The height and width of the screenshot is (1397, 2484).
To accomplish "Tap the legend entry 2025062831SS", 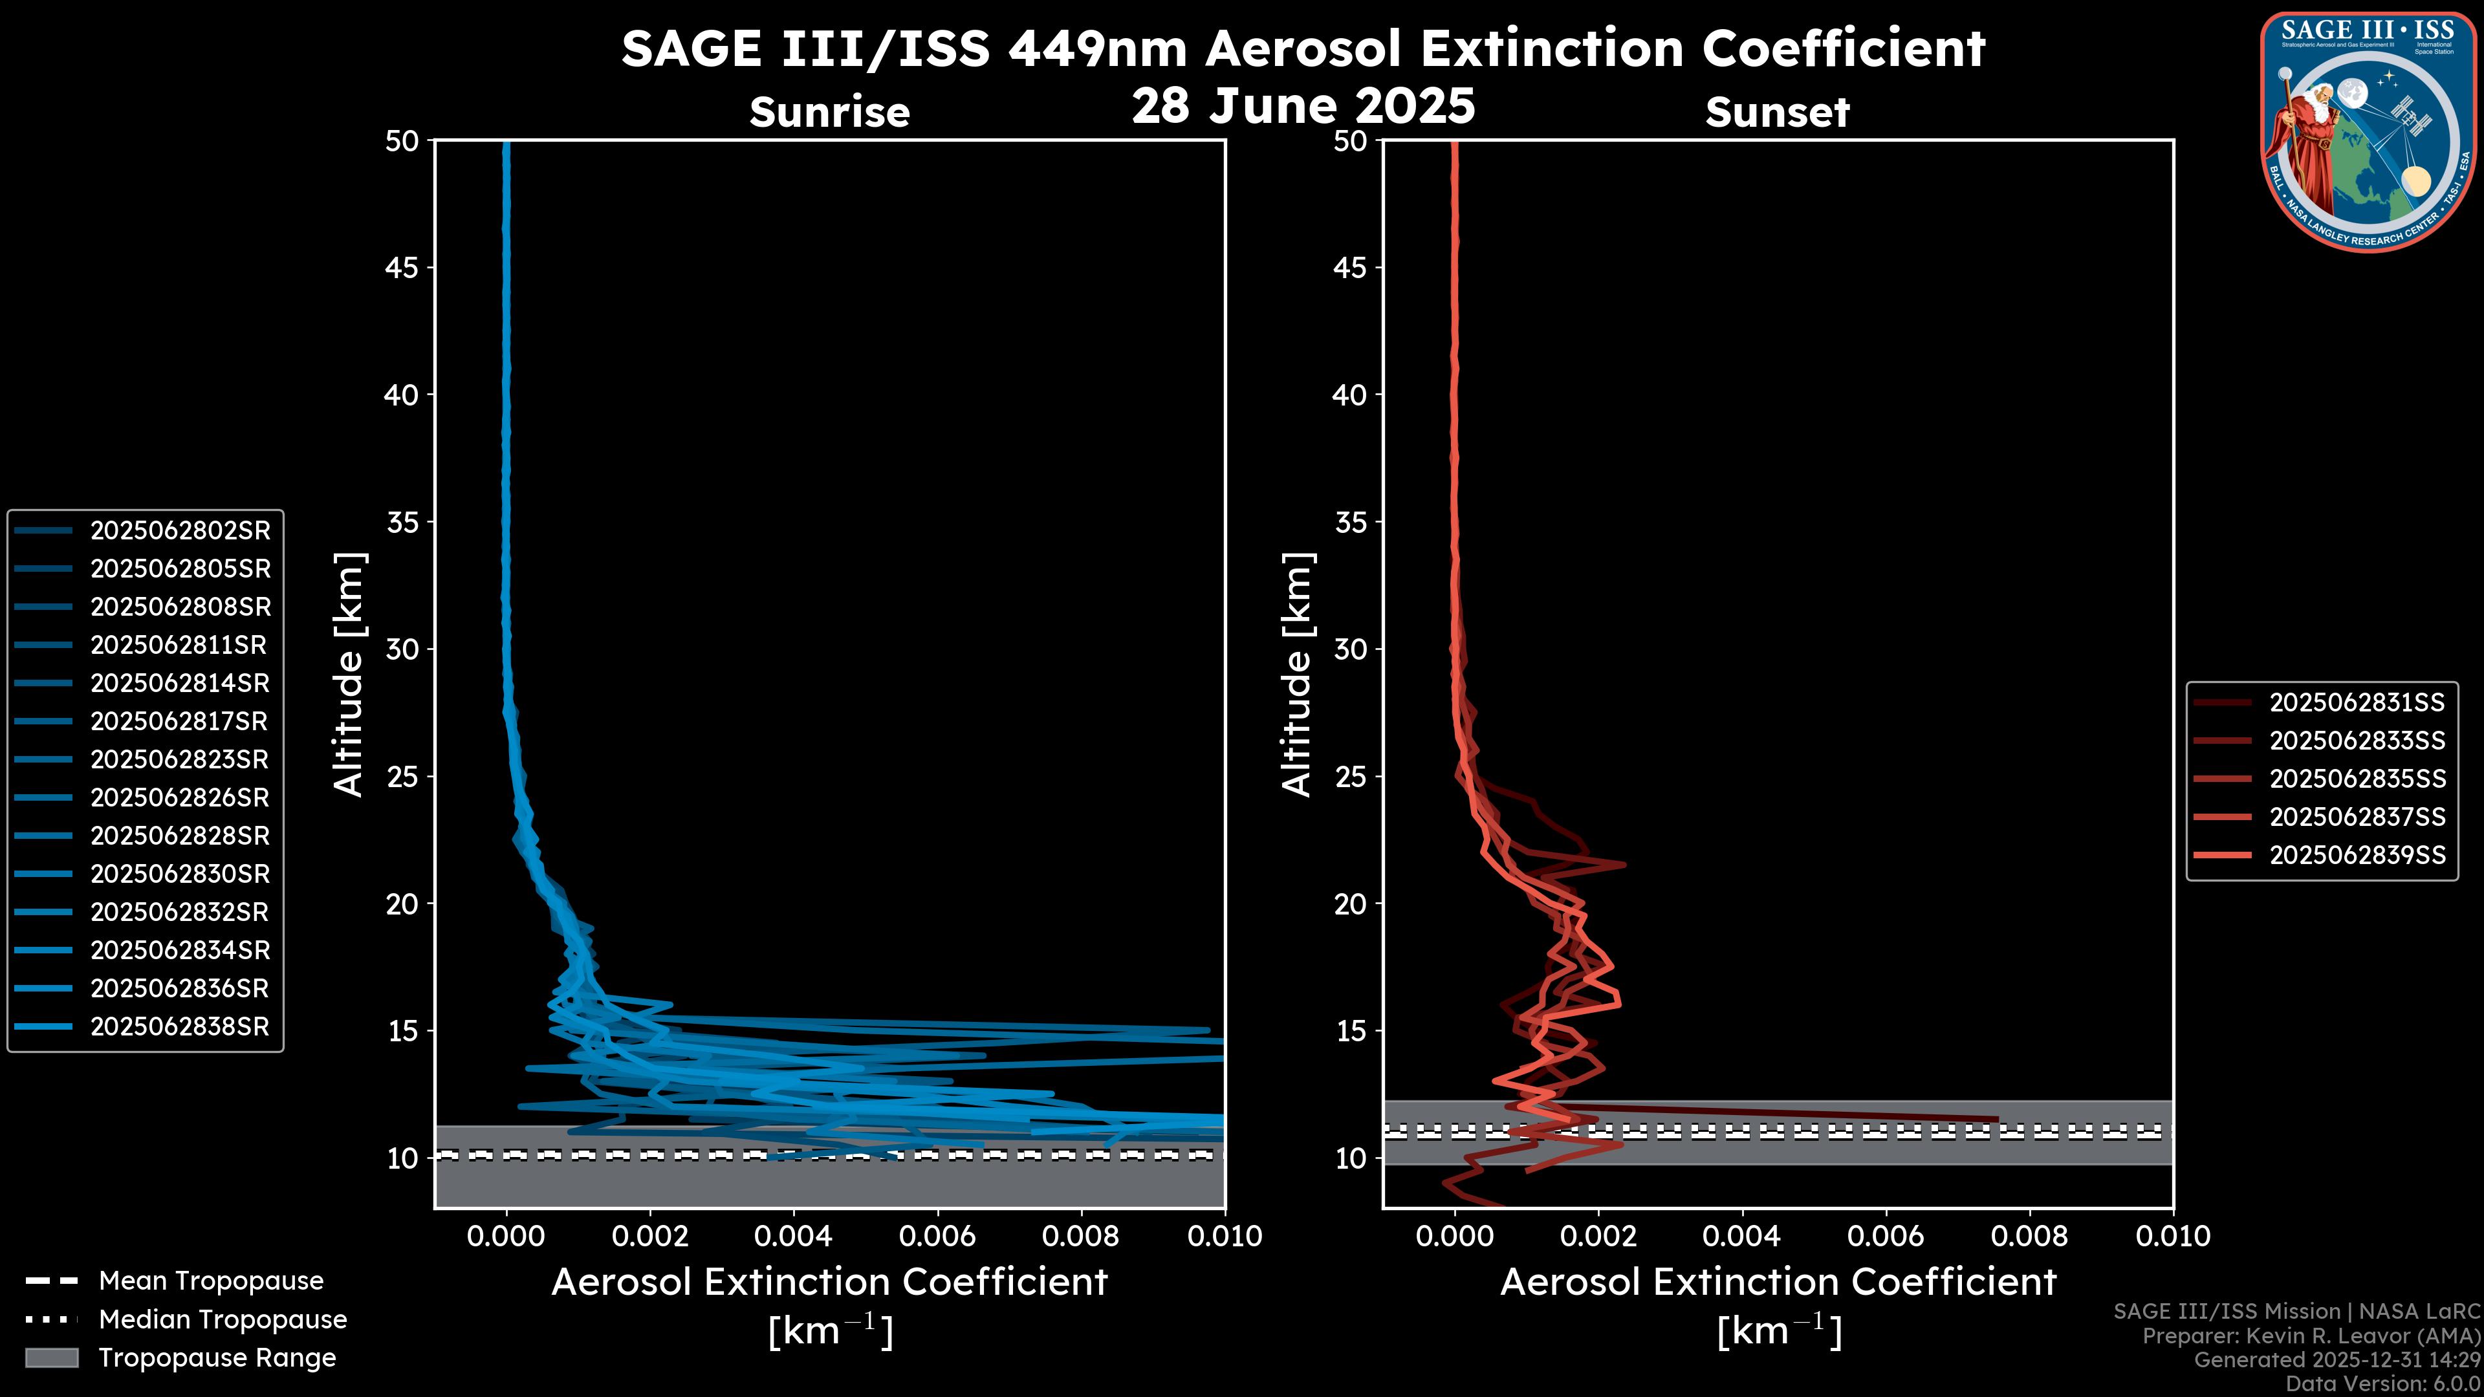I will (x=2357, y=703).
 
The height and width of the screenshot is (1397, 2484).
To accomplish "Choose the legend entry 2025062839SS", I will (x=2357, y=855).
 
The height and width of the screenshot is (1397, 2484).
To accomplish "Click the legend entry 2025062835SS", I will (x=2357, y=779).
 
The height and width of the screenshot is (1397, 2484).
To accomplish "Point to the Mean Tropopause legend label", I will (x=211, y=1281).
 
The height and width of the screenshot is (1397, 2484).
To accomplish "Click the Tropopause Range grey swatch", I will (x=52, y=1358).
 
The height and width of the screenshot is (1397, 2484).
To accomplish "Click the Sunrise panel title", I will (x=829, y=113).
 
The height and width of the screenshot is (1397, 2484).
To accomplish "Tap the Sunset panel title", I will (x=1777, y=113).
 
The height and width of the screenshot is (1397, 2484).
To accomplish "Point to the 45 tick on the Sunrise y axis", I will (x=403, y=267).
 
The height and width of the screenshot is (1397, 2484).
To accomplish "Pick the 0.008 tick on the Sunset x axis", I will (x=2030, y=1236).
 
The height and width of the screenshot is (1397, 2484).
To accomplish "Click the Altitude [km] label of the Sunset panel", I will (x=1297, y=675).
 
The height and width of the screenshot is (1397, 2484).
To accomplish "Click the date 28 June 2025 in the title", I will (x=1303, y=106).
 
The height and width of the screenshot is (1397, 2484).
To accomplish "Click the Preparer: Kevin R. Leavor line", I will (x=2311, y=1336).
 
